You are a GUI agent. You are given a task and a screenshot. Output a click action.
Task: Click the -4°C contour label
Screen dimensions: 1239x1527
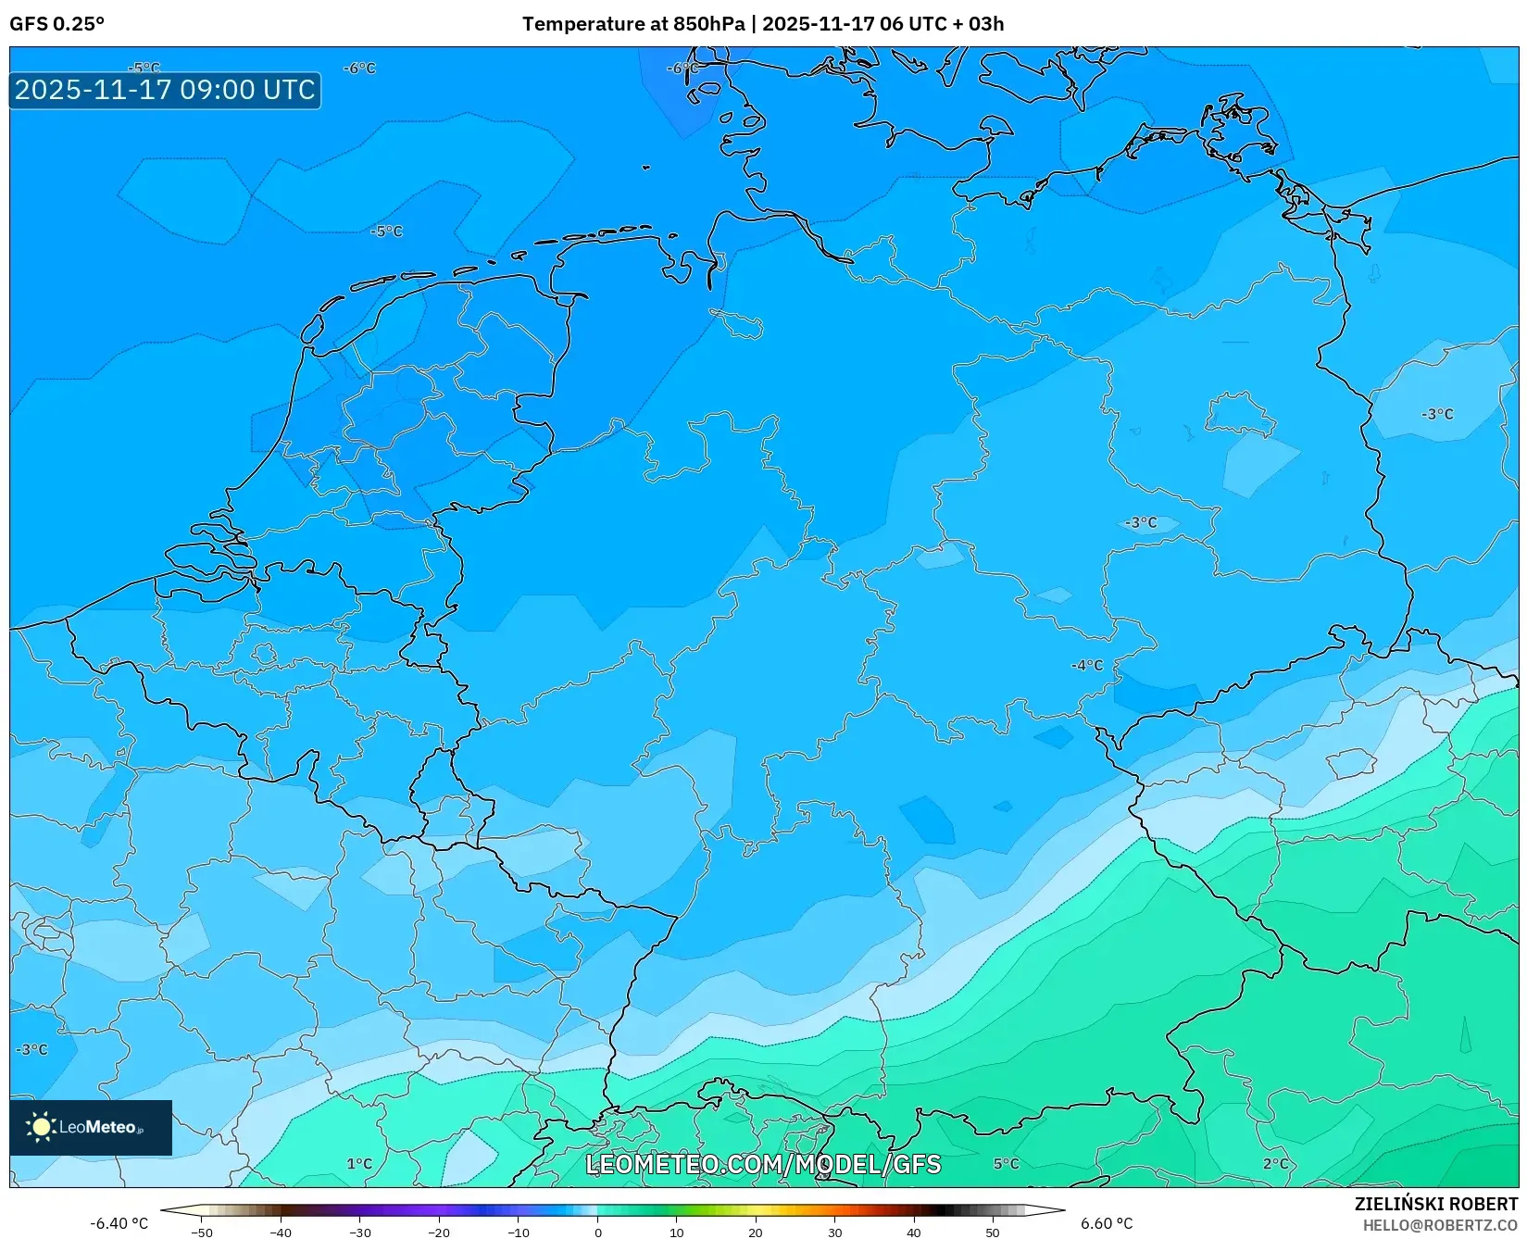click(1087, 665)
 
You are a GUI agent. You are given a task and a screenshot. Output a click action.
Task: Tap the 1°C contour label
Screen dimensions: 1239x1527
click(359, 1164)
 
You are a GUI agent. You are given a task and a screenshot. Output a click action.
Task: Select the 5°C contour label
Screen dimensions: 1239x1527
click(1006, 1164)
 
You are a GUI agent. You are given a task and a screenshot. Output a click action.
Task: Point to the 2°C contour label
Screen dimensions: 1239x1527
click(1275, 1164)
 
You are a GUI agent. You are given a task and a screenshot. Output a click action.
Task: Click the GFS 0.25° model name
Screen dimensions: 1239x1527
click(56, 24)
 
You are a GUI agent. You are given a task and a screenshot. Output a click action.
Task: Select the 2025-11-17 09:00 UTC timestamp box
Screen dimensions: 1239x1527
click(165, 90)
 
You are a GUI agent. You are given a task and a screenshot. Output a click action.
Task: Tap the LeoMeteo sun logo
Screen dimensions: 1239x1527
click(41, 1127)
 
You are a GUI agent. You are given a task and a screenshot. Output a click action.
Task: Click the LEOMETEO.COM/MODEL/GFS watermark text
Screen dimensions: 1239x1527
click(763, 1164)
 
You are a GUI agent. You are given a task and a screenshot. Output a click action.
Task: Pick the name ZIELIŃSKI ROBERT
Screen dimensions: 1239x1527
click(1436, 1204)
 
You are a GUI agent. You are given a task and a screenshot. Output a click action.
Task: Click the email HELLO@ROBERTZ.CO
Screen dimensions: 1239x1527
click(1440, 1224)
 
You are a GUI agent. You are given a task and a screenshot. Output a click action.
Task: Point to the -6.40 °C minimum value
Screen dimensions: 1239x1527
click(119, 1223)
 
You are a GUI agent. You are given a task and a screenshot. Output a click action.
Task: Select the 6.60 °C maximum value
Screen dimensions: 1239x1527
click(1106, 1223)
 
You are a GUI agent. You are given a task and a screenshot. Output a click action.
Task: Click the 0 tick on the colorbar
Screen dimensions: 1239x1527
click(597, 1233)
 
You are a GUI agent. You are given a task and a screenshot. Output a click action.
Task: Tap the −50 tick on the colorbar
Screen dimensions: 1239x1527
click(201, 1233)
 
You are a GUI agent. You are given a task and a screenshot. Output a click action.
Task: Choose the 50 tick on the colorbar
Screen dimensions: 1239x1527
click(993, 1233)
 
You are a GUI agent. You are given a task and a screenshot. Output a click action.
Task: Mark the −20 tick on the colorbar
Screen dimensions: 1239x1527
click(439, 1233)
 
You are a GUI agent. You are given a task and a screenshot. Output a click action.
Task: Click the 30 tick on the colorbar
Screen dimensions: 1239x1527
click(834, 1233)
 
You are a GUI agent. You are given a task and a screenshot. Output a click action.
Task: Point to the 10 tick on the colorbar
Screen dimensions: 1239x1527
click(676, 1233)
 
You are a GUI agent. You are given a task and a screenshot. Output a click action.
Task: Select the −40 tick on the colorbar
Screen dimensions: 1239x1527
click(281, 1233)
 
